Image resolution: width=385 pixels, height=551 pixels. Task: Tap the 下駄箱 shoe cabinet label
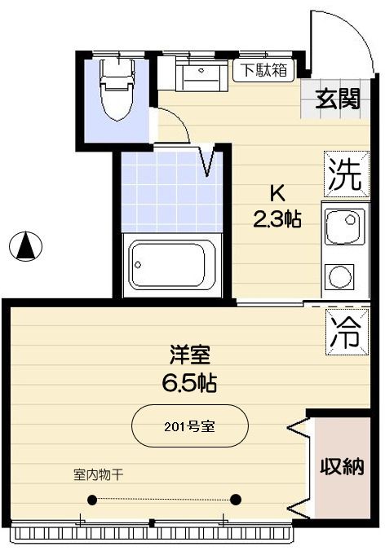click(x=262, y=70)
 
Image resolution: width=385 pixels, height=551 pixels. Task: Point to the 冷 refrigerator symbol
click(x=344, y=331)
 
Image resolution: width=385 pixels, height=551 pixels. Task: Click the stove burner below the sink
click(x=339, y=278)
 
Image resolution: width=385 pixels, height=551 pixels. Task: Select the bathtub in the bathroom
click(x=170, y=265)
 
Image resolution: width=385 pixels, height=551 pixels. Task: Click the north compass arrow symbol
click(x=26, y=245)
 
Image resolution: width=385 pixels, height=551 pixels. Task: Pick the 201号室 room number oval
click(x=189, y=425)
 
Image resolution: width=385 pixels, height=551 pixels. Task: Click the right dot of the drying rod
click(x=236, y=500)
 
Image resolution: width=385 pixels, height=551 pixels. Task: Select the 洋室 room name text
click(x=190, y=355)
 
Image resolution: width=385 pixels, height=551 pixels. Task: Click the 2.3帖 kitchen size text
click(x=277, y=218)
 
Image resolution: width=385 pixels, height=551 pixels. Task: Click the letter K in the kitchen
click(x=277, y=194)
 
